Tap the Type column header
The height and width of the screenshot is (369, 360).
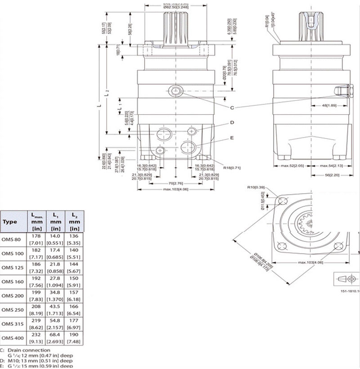point(9,222)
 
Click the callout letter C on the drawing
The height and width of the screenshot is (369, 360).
point(232,108)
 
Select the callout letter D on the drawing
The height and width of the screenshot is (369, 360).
point(232,122)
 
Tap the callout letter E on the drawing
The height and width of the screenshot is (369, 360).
point(232,138)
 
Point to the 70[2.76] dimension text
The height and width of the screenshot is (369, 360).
point(175,183)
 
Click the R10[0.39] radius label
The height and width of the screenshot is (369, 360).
point(255,187)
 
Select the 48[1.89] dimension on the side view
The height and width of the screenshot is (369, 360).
point(329,106)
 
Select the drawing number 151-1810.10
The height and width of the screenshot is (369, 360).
point(350,291)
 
